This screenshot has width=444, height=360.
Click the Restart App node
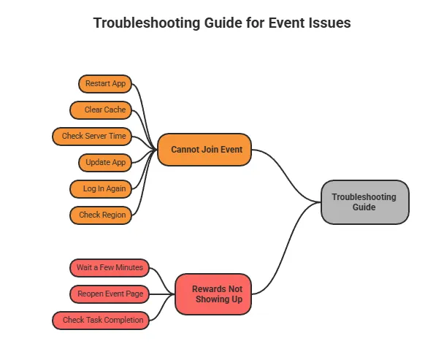105,83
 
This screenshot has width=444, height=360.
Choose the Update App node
105,162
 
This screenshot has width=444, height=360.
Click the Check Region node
101,215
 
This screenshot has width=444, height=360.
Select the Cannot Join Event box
204,149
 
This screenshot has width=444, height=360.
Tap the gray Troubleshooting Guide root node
364,202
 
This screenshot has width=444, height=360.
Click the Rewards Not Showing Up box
213,294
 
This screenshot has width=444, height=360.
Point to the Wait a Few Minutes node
110,267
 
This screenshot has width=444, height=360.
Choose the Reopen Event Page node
110,294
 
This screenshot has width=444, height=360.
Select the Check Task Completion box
101,320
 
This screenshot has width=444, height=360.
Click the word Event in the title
286,23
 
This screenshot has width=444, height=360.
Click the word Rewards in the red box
207,289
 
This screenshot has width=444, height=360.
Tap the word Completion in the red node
123,320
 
